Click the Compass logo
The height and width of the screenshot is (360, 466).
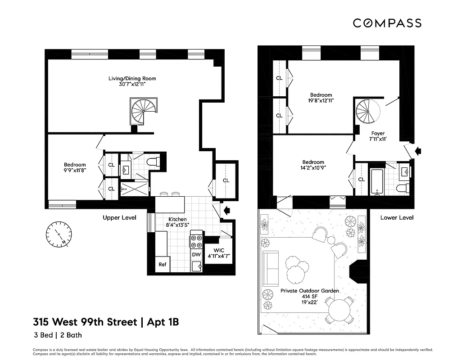387,23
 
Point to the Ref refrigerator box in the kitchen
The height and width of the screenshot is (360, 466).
163,265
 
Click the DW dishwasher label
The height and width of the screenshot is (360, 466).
196,254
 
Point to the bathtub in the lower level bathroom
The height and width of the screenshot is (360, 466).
377,182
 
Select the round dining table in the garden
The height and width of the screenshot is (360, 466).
340,310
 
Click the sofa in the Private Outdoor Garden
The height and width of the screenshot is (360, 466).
270,268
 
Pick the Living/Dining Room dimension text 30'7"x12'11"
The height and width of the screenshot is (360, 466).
132,84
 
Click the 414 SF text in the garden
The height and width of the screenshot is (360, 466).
310,297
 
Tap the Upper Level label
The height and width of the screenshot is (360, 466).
119,217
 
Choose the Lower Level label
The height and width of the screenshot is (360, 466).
397,217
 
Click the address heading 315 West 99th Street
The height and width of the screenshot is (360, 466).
85,322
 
